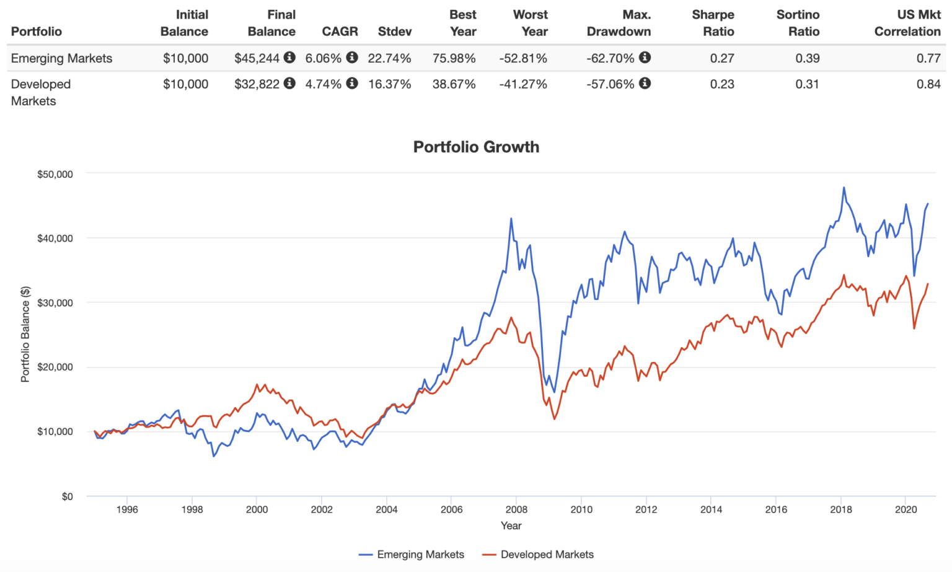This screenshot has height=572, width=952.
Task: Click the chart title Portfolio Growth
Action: (x=476, y=147)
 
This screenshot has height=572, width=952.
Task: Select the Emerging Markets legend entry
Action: (x=420, y=555)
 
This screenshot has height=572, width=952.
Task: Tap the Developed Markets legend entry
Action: (x=547, y=555)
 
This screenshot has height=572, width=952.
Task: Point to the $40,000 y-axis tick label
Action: (x=55, y=239)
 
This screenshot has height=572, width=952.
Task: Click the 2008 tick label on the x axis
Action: (x=516, y=509)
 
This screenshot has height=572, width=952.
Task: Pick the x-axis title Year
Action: (x=511, y=526)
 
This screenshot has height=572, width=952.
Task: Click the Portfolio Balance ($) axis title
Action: (x=25, y=334)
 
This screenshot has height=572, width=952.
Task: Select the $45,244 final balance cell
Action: (x=257, y=58)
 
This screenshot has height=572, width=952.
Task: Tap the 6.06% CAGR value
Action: (x=323, y=58)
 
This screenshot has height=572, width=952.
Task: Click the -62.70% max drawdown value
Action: (x=610, y=58)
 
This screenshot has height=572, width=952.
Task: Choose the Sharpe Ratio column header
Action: (x=713, y=23)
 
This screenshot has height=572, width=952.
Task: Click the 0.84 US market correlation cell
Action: (x=928, y=84)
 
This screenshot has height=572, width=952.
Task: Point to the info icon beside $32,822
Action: (x=289, y=83)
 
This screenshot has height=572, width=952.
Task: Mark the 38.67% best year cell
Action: (x=454, y=84)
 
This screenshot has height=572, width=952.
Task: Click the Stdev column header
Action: (x=394, y=31)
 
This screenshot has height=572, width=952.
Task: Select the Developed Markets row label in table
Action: (x=41, y=92)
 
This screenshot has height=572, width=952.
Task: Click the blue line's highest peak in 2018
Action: (x=844, y=187)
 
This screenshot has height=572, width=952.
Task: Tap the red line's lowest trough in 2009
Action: (x=554, y=419)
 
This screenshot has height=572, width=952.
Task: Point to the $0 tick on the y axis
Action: (x=67, y=496)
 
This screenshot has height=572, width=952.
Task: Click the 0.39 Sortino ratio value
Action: (x=807, y=58)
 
